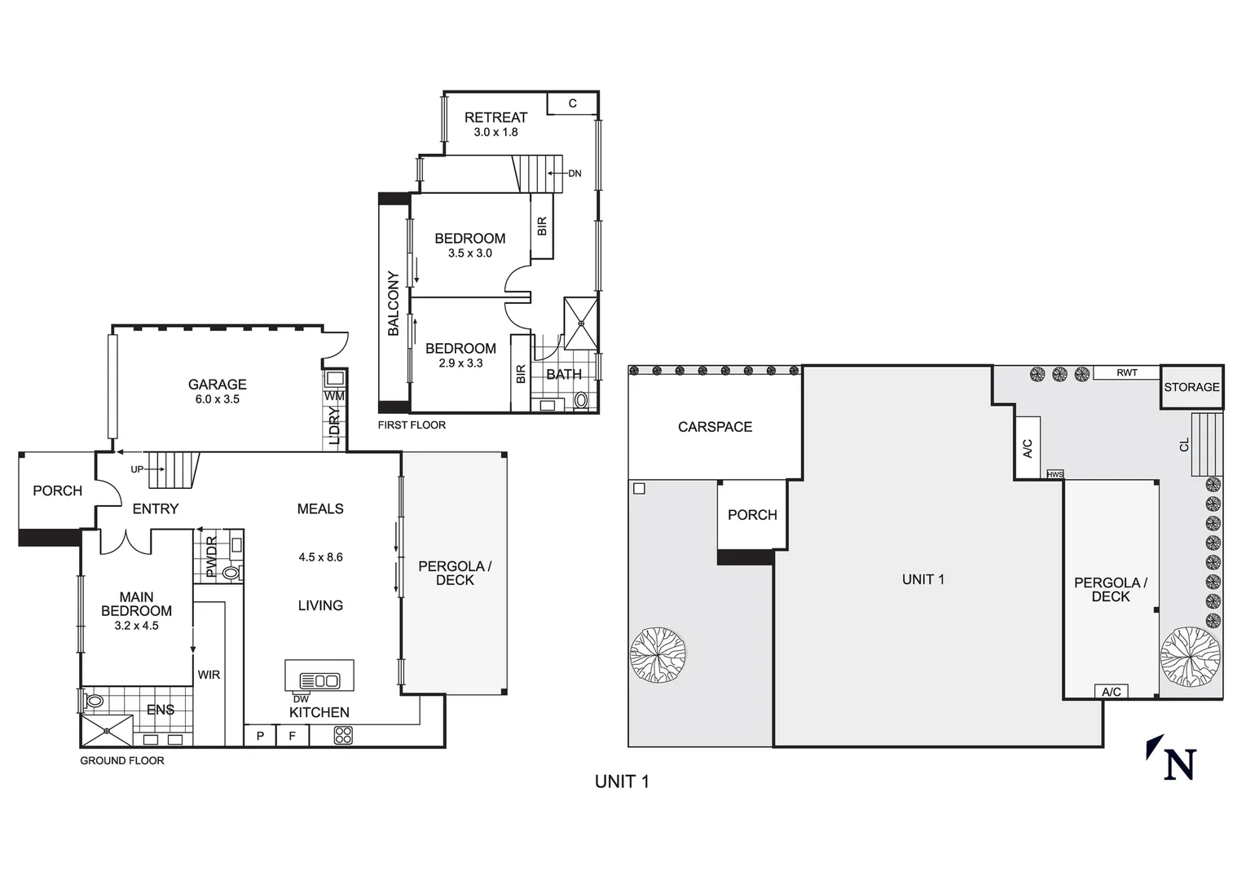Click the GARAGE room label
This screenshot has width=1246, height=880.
click(x=217, y=385)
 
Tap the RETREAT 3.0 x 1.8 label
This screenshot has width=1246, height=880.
click(x=495, y=124)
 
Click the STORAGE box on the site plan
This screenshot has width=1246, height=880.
click(x=1191, y=387)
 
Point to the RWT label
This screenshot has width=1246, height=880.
click(x=1126, y=372)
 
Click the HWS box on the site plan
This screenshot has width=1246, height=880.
click(x=1054, y=474)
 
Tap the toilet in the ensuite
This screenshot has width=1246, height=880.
click(x=94, y=700)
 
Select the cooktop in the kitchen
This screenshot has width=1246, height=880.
click(x=343, y=736)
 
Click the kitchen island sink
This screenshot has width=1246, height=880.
click(x=319, y=680)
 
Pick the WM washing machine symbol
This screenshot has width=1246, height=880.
click(x=334, y=380)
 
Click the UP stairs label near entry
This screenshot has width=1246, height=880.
click(x=137, y=470)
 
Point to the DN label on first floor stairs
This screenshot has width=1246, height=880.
click(x=575, y=174)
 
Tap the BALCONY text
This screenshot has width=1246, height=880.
click(x=394, y=304)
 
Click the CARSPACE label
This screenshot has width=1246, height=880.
click(x=715, y=427)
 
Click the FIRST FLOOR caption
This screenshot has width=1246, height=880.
click(x=412, y=425)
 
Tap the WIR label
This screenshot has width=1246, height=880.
click(x=209, y=675)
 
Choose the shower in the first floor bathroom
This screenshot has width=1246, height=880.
click(x=581, y=323)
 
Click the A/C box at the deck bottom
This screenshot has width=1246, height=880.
click(x=1111, y=692)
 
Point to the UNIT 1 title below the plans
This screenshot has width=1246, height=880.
click(x=622, y=781)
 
